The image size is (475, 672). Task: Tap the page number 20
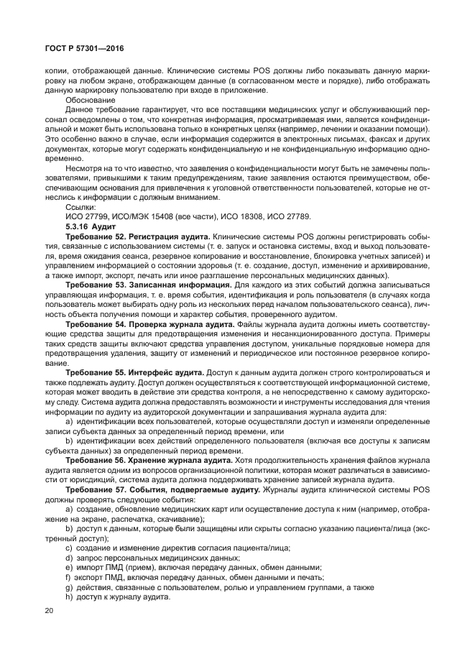pyautogui.click(x=50, y=610)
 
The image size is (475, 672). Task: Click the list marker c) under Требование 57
pyautogui.click(x=68, y=548)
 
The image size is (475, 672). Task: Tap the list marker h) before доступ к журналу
pyautogui.click(x=68, y=597)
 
